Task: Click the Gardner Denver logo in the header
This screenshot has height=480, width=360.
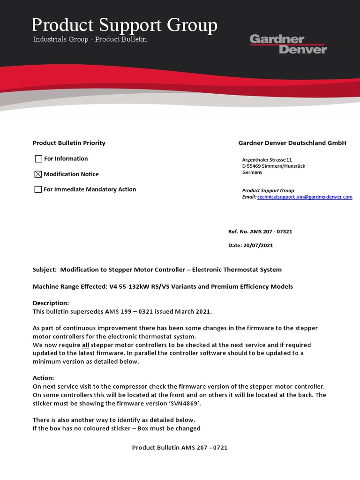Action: pyautogui.click(x=288, y=44)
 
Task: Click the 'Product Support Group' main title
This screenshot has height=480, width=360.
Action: pyautogui.click(x=125, y=25)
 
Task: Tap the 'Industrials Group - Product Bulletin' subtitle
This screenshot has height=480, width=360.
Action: pyautogui.click(x=90, y=39)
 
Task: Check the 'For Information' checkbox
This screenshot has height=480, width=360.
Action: pyautogui.click(x=38, y=159)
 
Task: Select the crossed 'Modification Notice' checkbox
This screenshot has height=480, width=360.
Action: pyautogui.click(x=38, y=174)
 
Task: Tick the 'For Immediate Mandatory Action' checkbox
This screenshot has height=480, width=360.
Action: pyautogui.click(x=38, y=190)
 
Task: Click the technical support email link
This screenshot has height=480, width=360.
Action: pyautogui.click(x=305, y=197)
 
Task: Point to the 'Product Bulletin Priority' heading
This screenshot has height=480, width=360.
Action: pyautogui.click(x=69, y=143)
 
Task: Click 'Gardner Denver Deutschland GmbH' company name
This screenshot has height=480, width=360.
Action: pyautogui.click(x=292, y=143)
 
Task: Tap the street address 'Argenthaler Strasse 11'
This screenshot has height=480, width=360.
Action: pyautogui.click(x=267, y=160)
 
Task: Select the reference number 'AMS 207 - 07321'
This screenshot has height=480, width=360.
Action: pyautogui.click(x=271, y=232)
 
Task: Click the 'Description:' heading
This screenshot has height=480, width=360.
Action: pyautogui.click(x=51, y=303)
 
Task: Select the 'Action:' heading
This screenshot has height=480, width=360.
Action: pyautogui.click(x=43, y=378)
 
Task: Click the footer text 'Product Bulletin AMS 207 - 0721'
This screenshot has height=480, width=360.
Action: pyautogui.click(x=180, y=448)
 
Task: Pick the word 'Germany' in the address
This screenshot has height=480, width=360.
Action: pyautogui.click(x=252, y=172)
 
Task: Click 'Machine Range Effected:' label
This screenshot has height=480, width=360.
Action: pyautogui.click(x=69, y=286)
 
